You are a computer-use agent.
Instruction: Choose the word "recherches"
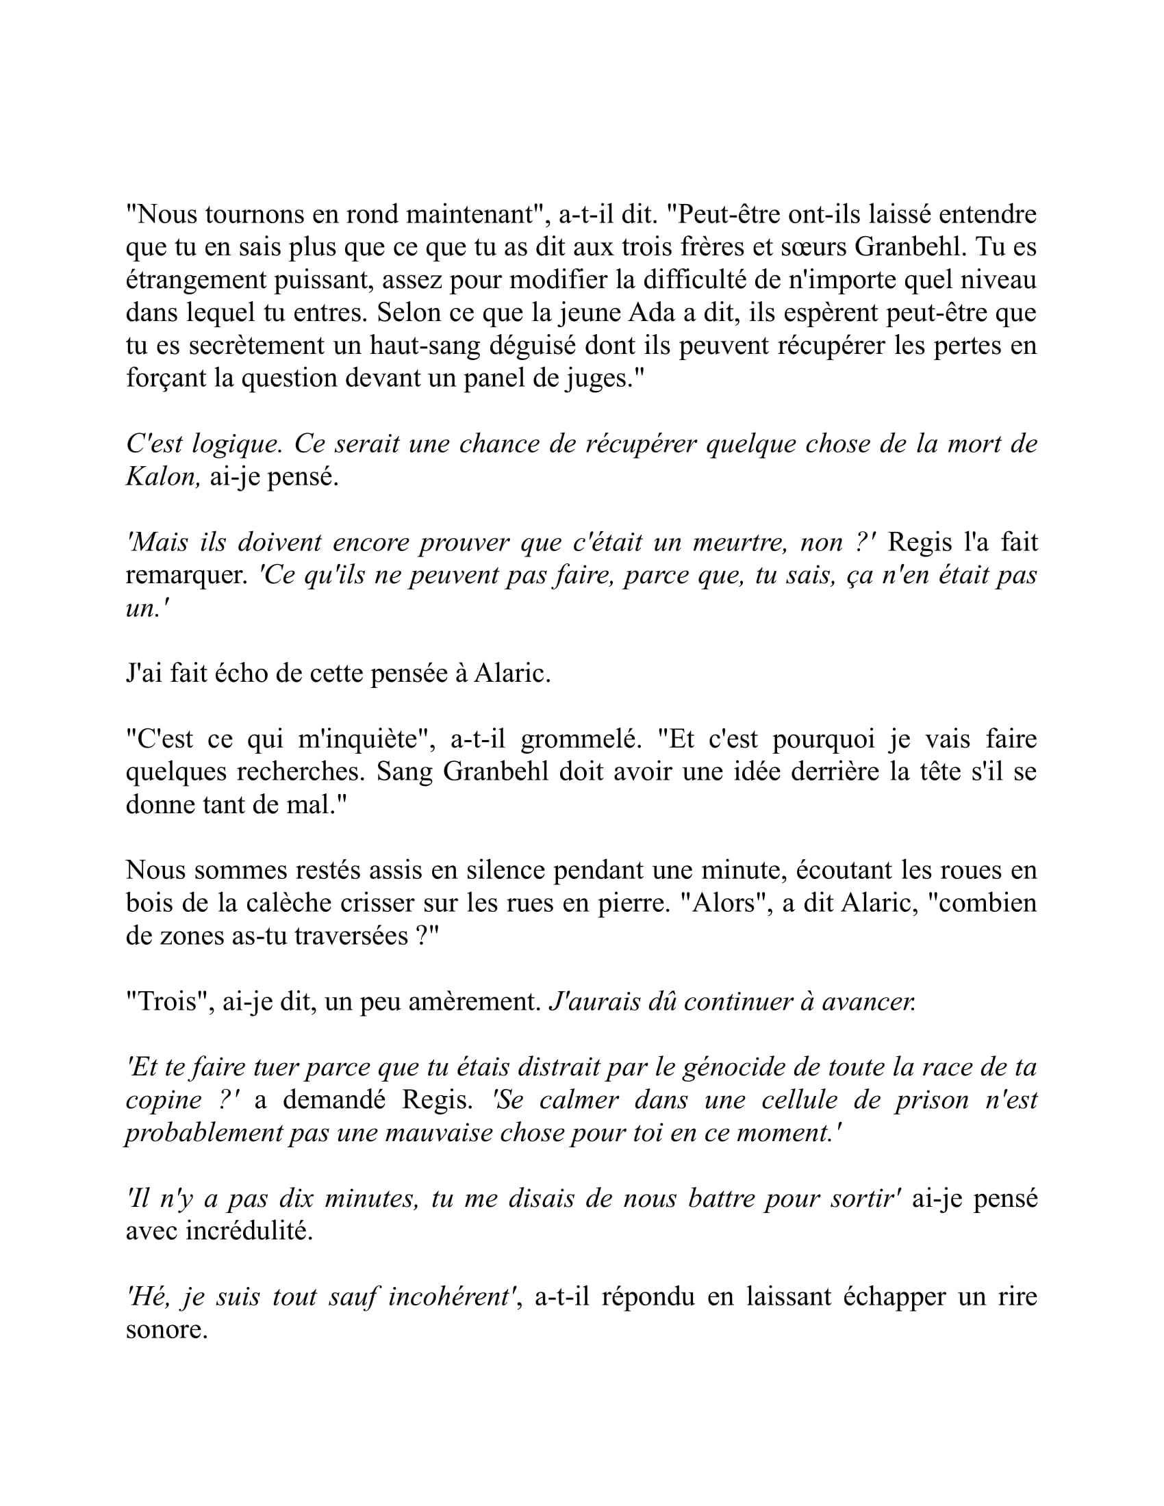300,771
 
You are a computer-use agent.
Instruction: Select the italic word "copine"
163,1099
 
